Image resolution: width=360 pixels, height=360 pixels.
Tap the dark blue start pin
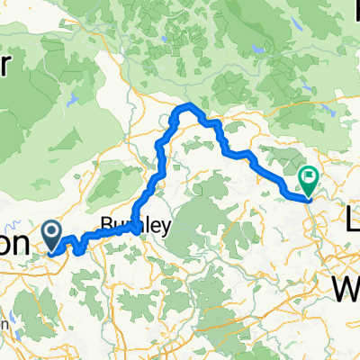tap(52, 235)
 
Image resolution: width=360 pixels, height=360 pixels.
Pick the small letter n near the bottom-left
tap(7, 323)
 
